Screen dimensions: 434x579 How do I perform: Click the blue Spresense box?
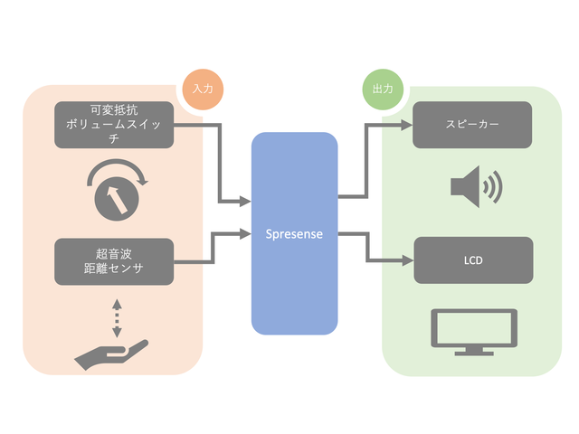tap(294, 271)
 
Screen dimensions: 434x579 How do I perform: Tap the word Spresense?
tap(294, 233)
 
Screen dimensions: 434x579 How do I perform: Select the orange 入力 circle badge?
tap(202, 90)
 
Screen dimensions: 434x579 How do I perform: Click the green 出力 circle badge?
tap(382, 90)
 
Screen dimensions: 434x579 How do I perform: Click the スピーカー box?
tap(472, 125)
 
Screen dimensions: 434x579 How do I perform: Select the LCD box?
tap(472, 260)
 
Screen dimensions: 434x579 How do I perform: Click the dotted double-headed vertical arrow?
tap(116, 317)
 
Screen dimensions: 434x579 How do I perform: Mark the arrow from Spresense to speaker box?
tap(365, 163)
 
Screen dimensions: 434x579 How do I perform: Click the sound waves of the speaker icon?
tap(491, 187)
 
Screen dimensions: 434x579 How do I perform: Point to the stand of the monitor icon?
tap(475, 348)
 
